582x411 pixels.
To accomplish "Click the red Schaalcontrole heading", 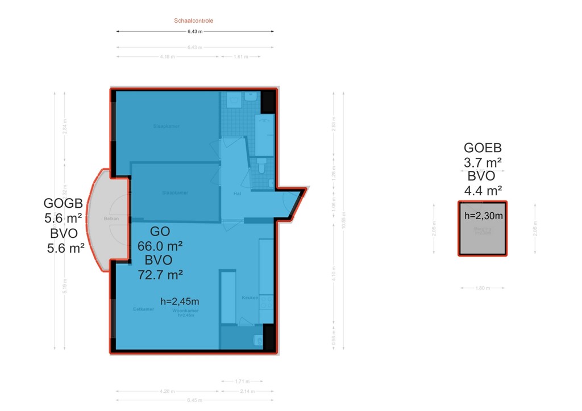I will click(193, 20).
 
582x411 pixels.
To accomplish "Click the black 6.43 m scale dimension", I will click(195, 31).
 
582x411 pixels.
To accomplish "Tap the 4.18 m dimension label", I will click(167, 57).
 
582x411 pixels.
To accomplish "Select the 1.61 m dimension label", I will click(240, 57).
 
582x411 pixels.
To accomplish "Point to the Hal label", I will click(238, 194).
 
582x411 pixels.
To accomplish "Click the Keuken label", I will click(250, 297).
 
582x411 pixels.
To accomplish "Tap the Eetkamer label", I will click(144, 309).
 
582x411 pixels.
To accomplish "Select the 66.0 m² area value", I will click(160, 246).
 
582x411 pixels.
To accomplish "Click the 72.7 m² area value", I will click(160, 275).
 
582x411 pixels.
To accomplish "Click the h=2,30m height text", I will click(483, 216).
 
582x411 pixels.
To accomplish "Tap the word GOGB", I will click(64, 203).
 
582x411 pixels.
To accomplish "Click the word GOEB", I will click(483, 149).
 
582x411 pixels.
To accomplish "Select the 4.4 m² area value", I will click(483, 191).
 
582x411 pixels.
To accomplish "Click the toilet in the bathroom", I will click(261, 166).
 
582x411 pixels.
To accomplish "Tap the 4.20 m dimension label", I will click(167, 391).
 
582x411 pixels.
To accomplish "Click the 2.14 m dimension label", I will click(247, 391).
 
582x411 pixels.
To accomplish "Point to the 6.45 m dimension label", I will click(195, 401).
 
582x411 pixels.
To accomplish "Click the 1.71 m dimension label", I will click(242, 381).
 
